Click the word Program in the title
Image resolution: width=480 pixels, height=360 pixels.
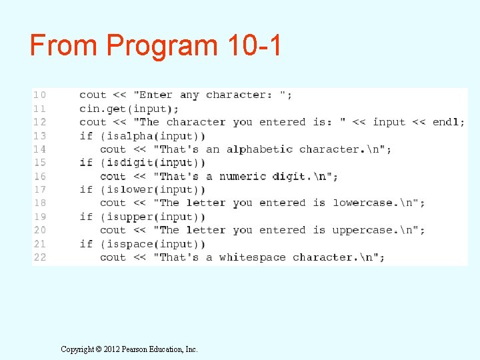point(161,46)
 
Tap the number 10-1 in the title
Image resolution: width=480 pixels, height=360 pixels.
point(254,45)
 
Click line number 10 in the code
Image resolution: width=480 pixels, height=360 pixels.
point(40,95)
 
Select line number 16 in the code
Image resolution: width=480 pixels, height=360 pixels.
point(40,177)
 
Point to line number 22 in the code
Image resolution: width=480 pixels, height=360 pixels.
point(40,257)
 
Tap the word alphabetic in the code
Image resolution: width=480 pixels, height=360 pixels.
point(259,149)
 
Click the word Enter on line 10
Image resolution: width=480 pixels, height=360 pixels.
point(156,95)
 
